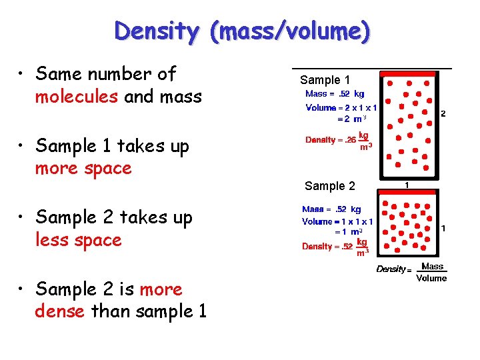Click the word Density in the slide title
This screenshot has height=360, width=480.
[156, 31]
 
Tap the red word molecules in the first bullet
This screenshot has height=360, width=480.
[77, 97]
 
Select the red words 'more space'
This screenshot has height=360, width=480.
[83, 168]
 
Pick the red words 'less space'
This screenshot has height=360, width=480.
[79, 239]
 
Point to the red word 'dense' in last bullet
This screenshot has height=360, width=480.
[60, 311]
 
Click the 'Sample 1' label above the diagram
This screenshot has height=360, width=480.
[325, 80]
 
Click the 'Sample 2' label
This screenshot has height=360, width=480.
[330, 186]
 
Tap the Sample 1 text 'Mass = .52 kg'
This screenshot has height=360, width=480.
[335, 94]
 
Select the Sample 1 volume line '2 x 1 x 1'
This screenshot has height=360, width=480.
[357, 107]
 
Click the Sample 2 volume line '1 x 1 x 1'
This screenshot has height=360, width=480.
[353, 221]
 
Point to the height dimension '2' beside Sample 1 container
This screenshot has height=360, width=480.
[443, 113]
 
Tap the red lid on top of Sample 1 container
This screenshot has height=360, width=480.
[407, 74]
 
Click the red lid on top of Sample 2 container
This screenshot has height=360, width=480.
[407, 191]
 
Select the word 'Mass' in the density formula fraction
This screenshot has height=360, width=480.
[432, 267]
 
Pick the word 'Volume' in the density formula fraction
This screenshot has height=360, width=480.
[431, 278]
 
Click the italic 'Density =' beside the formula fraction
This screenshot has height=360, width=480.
[392, 269]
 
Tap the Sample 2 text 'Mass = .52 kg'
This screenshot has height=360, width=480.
[331, 209]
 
